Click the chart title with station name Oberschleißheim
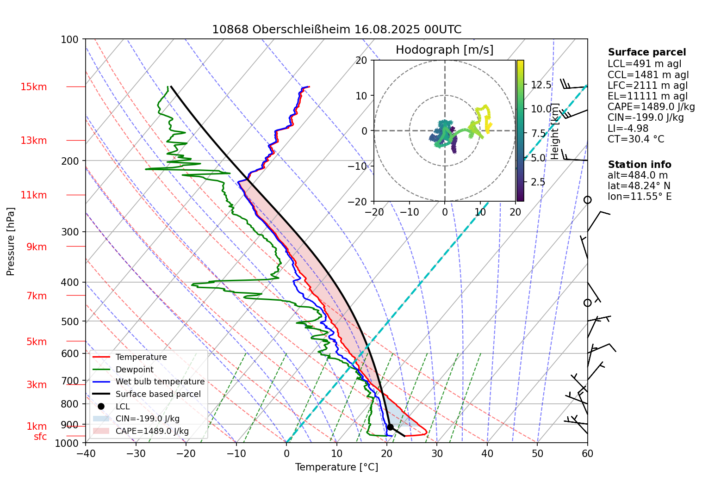[336, 30]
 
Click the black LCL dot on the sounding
[390, 427]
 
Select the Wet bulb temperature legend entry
[160, 382]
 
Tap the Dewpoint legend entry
[134, 370]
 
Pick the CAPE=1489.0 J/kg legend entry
[152, 431]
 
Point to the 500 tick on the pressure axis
[70, 321]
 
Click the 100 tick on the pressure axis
[70, 40]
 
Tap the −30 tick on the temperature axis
[136, 453]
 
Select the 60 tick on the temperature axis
[587, 453]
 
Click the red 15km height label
[33, 87]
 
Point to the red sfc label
[40, 437]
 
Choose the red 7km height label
[37, 296]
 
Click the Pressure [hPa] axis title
[11, 241]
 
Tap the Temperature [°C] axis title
[336, 467]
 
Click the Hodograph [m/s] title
[444, 50]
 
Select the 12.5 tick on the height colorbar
[541, 85]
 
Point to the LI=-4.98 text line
[627, 129]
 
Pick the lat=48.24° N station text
[639, 186]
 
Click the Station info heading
[639, 165]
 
